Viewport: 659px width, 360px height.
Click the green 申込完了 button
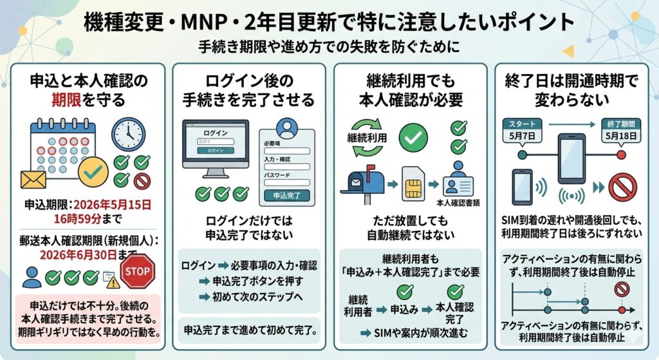pos(286,194)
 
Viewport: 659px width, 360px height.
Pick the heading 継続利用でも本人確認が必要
pos(411,91)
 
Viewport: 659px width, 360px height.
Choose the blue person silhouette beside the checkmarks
pos(32,277)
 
